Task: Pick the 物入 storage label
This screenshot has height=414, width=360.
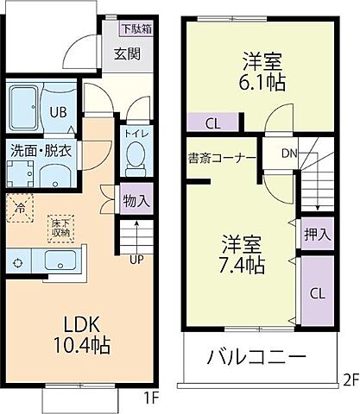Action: (x=136, y=200)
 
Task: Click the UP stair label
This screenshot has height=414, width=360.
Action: (x=136, y=259)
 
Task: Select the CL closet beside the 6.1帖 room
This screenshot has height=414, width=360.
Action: (x=212, y=123)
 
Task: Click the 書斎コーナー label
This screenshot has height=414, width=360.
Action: (x=221, y=158)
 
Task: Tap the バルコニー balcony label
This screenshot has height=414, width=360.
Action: (x=257, y=357)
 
